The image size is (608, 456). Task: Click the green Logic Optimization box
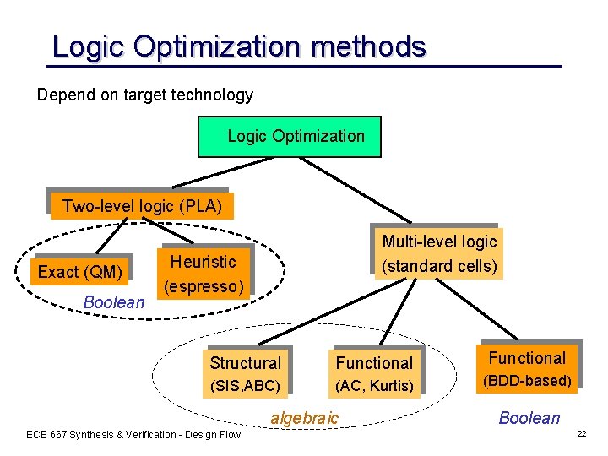click(290, 137)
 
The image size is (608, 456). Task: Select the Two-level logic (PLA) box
click(141, 206)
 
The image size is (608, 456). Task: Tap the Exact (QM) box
click(81, 272)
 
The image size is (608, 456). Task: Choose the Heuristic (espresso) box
click(204, 274)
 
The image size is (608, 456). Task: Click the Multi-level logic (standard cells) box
click(438, 253)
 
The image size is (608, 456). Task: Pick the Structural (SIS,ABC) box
click(245, 374)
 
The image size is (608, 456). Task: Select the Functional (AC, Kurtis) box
click(374, 374)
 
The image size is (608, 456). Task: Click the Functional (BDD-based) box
click(527, 369)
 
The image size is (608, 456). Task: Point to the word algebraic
click(304, 418)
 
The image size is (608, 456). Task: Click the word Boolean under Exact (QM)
click(114, 302)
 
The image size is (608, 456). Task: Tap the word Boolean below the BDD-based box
click(529, 418)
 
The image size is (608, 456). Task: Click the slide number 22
click(580, 433)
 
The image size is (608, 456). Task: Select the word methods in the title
click(368, 46)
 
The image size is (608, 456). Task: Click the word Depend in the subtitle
click(62, 95)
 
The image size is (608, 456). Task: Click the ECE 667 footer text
click(133, 435)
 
